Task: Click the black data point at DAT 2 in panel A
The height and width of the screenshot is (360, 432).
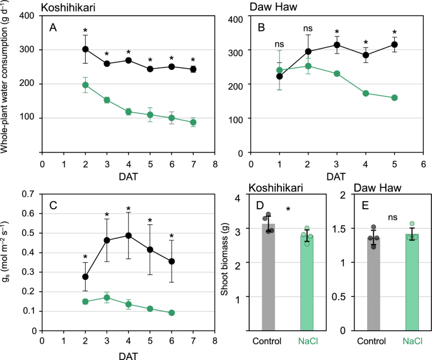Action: (85, 49)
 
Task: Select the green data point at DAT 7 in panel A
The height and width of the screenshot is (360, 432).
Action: (193, 122)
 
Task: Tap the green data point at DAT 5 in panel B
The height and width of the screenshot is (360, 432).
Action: (394, 98)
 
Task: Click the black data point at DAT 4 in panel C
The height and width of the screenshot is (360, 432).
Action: (128, 235)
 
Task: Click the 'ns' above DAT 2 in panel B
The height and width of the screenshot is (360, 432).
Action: (308, 28)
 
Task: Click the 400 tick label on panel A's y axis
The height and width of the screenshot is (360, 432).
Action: (26, 15)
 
